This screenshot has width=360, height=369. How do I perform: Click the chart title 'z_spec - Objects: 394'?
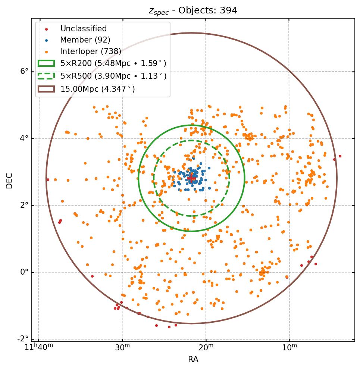(193, 10)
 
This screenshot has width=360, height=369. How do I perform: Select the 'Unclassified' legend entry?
(84, 29)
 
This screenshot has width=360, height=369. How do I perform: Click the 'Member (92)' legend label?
(85, 40)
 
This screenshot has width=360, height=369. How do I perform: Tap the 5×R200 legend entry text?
(113, 64)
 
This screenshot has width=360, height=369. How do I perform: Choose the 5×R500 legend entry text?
(113, 76)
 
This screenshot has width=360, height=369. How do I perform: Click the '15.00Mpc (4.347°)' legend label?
(97, 89)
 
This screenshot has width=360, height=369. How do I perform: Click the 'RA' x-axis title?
(193, 359)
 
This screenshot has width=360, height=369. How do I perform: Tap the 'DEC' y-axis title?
(9, 180)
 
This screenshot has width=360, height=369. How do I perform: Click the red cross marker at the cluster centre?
(192, 179)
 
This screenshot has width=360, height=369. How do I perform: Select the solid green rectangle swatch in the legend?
(46, 64)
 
